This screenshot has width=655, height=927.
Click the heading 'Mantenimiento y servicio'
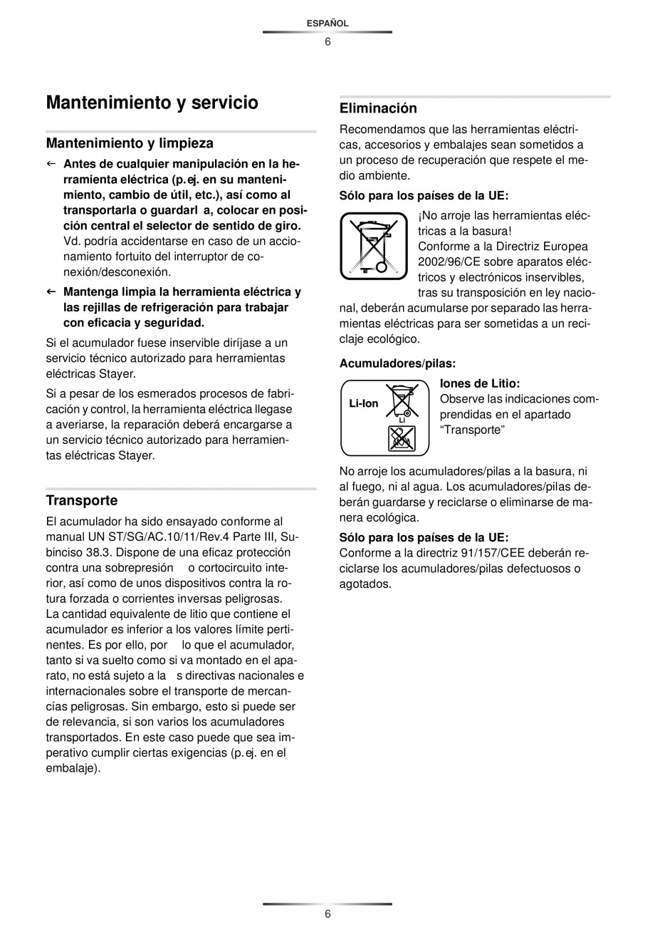tap(152, 103)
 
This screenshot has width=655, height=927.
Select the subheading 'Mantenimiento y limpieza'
tap(130, 143)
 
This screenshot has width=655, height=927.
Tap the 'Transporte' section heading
tap(82, 500)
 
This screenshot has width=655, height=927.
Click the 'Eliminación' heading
tap(378, 108)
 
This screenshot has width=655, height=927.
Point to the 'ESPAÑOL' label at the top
tap(327, 24)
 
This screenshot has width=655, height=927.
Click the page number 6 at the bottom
tap(327, 914)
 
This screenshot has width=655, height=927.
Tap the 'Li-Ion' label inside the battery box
tap(364, 403)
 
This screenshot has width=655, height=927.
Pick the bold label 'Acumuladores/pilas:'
tap(397, 363)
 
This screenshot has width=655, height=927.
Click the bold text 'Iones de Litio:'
tap(480, 383)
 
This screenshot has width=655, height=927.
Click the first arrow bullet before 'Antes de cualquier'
tap(51, 164)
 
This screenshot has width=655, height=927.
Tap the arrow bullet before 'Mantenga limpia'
tap(51, 292)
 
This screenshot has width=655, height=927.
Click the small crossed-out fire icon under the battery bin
tap(402, 438)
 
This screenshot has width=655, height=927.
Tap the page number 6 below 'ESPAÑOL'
tap(327, 41)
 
